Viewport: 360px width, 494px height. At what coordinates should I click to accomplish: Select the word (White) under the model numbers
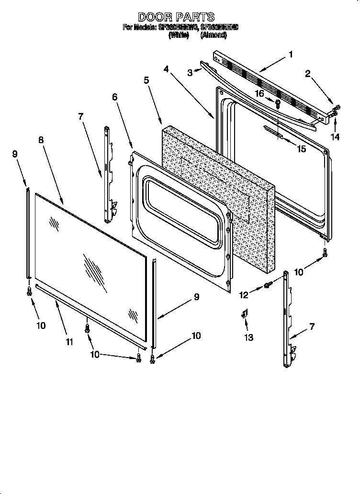179,35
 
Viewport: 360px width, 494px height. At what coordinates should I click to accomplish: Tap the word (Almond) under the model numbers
210,35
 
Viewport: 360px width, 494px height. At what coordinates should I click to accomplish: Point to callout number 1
291,55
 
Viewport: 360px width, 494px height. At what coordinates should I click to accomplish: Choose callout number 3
190,73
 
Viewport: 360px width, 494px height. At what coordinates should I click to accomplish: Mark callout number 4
166,69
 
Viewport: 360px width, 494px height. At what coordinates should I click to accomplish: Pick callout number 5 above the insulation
146,80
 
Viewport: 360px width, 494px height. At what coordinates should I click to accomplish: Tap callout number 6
114,97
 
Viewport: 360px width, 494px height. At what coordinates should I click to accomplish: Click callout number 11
69,341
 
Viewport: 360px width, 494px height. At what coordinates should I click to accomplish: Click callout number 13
249,337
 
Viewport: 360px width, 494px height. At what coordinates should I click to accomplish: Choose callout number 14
335,136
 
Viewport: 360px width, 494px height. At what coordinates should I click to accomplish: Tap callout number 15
301,149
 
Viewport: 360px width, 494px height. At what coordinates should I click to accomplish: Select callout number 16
259,94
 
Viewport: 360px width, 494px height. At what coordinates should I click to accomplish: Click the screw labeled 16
278,102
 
